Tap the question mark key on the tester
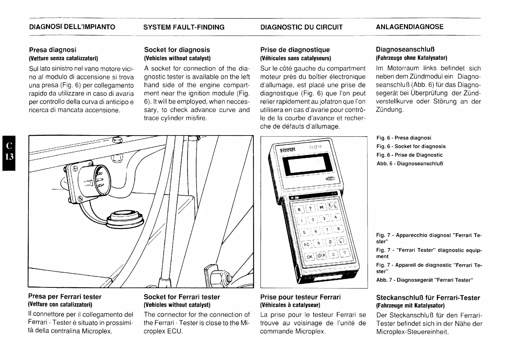[311, 208]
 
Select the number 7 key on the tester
[327, 229]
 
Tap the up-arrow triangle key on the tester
[333, 255]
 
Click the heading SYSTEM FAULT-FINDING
[184, 27]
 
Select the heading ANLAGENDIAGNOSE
[409, 27]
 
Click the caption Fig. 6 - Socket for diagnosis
[411, 146]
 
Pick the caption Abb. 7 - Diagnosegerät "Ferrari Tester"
[425, 280]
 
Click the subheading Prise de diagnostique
[295, 50]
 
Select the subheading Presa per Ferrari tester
[65, 297]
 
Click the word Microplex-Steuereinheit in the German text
[412, 332]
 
